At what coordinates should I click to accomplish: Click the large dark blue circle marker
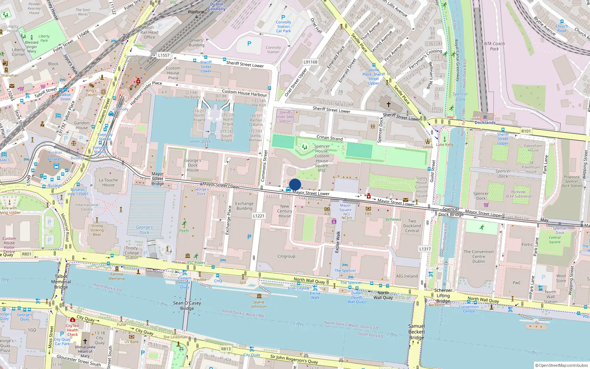295,184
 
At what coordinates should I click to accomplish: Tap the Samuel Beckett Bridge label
416,332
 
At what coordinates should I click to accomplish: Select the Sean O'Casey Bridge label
187,306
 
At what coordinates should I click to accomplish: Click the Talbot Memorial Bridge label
61,282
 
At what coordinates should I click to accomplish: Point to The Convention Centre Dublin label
479,256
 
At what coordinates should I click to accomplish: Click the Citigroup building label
286,256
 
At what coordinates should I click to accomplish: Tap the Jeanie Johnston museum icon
259,296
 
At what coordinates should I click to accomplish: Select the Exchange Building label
244,206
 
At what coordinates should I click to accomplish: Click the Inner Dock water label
200,141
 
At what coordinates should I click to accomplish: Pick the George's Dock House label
192,165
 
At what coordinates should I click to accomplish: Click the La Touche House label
108,182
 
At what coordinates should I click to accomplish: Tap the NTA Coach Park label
494,46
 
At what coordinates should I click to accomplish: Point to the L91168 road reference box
310,62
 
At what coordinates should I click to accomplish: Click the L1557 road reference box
164,55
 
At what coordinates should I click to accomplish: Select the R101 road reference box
526,131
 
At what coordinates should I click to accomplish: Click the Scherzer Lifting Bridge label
443,296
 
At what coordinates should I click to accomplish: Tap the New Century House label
285,211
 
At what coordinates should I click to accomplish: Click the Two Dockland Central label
412,226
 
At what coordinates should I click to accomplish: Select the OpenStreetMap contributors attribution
562,365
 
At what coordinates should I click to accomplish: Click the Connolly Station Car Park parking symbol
283,17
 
